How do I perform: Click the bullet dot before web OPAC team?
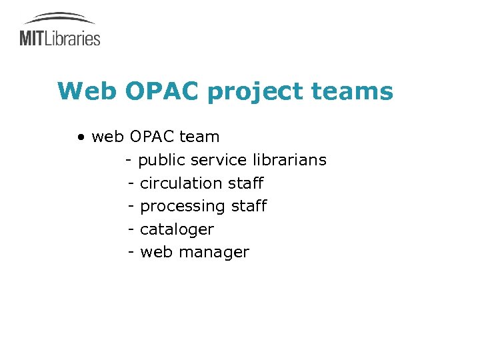tap(81, 137)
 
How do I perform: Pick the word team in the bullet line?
tap(199, 137)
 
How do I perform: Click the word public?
tap(161, 161)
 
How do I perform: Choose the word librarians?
tap(290, 160)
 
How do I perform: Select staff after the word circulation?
tap(246, 183)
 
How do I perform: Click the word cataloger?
tap(177, 229)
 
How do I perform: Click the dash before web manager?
tap(131, 253)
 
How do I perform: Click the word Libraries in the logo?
tap(73, 38)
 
